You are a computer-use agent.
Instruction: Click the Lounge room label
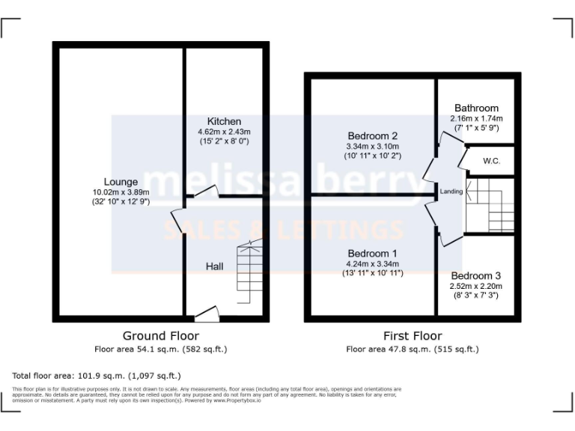tap(121, 182)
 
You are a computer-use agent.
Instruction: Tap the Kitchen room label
tap(224, 121)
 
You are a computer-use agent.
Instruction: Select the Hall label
tap(215, 266)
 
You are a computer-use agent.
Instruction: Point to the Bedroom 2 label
tap(372, 135)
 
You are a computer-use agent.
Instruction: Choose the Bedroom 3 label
tap(476, 275)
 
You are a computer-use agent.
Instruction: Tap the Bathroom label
tap(476, 108)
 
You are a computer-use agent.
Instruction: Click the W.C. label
tap(492, 161)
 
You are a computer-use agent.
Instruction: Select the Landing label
tap(451, 192)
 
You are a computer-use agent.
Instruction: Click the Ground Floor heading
tap(161, 336)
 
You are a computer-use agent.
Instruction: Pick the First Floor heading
tap(412, 336)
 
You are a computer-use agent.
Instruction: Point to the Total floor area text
tap(97, 376)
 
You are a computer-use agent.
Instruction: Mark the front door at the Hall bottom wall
tap(207, 314)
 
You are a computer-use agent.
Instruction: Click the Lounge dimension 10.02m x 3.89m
tap(121, 192)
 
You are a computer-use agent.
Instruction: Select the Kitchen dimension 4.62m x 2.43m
tap(224, 132)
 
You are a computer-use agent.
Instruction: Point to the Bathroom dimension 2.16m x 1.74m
tap(476, 118)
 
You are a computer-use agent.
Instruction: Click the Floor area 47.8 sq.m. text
tap(412, 349)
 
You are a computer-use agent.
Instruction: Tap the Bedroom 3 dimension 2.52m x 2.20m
tap(476, 286)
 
